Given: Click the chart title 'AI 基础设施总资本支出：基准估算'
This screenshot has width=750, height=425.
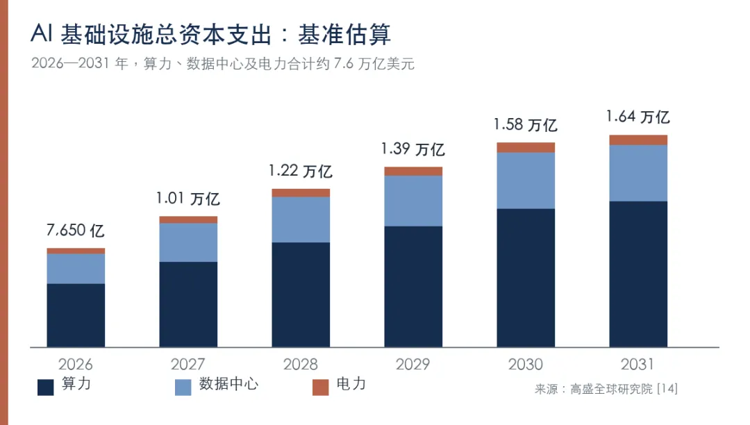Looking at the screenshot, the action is click(210, 35).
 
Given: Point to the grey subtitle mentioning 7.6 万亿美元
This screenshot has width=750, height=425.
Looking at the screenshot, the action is click(222, 64).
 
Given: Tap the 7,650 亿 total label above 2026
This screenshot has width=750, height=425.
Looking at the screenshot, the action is click(76, 231).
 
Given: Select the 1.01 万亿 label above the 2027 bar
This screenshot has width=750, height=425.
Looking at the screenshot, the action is click(188, 199).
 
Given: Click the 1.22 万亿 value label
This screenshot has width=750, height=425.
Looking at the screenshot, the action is click(301, 171).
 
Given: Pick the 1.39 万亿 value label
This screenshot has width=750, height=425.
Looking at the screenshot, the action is click(412, 149).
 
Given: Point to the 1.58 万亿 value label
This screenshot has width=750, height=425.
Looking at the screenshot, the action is click(525, 125).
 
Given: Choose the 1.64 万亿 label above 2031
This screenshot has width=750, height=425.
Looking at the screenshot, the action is click(637, 117).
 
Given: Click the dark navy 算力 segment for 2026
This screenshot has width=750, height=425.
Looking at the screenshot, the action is click(76, 315).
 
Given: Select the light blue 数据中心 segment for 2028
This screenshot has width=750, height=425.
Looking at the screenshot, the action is click(301, 220).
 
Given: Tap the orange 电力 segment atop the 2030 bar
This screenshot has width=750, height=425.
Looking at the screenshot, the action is click(526, 148).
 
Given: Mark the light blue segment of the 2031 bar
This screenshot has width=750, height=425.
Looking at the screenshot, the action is click(638, 173).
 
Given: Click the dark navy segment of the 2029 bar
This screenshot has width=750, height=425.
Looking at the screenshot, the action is click(413, 287).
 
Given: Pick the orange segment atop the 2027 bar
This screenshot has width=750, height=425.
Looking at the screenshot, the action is click(188, 220).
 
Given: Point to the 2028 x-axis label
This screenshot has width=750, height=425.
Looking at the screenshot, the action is click(301, 365).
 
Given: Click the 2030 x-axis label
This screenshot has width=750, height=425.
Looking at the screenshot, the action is click(525, 365).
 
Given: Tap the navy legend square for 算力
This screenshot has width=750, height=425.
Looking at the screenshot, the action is click(45, 387).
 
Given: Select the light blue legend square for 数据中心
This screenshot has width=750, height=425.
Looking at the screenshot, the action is click(183, 387).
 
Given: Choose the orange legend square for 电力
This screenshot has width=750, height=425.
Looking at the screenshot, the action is click(320, 387).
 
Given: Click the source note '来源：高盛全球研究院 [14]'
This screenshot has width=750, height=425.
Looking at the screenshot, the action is click(606, 389).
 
